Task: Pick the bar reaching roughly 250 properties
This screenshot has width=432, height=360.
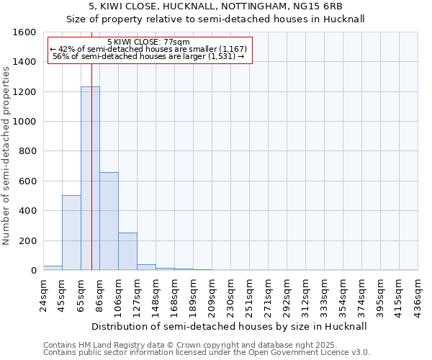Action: pyautogui.click(x=127, y=251)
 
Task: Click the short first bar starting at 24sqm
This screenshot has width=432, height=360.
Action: pyautogui.click(x=53, y=268)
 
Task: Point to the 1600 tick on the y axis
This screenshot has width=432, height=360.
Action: pyautogui.click(x=25, y=32)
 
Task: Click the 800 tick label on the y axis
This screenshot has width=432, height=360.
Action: pyautogui.click(x=27, y=151)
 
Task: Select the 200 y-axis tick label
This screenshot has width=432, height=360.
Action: pyautogui.click(x=27, y=240)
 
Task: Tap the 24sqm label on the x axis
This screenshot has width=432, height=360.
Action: pyautogui.click(x=44, y=291)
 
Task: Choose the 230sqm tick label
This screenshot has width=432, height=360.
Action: pyautogui.click(x=231, y=293)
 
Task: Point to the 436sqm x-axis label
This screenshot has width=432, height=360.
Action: pyautogui.click(x=418, y=293)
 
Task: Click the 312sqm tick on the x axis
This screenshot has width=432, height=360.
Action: pyautogui.click(x=306, y=293)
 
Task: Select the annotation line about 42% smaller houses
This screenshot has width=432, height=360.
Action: pyautogui.click(x=149, y=49)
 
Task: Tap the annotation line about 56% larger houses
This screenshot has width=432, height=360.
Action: pyautogui.click(x=149, y=56)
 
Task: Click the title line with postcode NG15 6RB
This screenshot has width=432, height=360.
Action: pyautogui.click(x=216, y=7)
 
